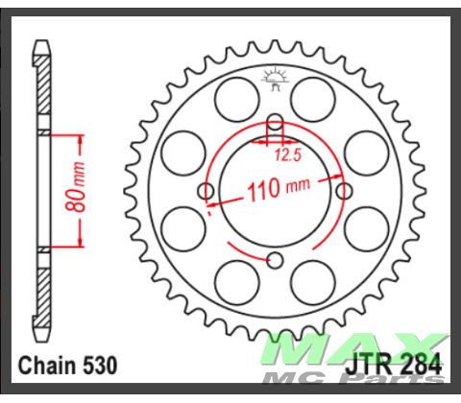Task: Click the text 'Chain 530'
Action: pos(67,366)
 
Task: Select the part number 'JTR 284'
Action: pos(392,365)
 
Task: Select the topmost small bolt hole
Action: pos(275,122)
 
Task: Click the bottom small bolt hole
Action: pos(275,259)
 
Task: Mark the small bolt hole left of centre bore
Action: pos(206,191)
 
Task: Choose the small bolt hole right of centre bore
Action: pos(344,191)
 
